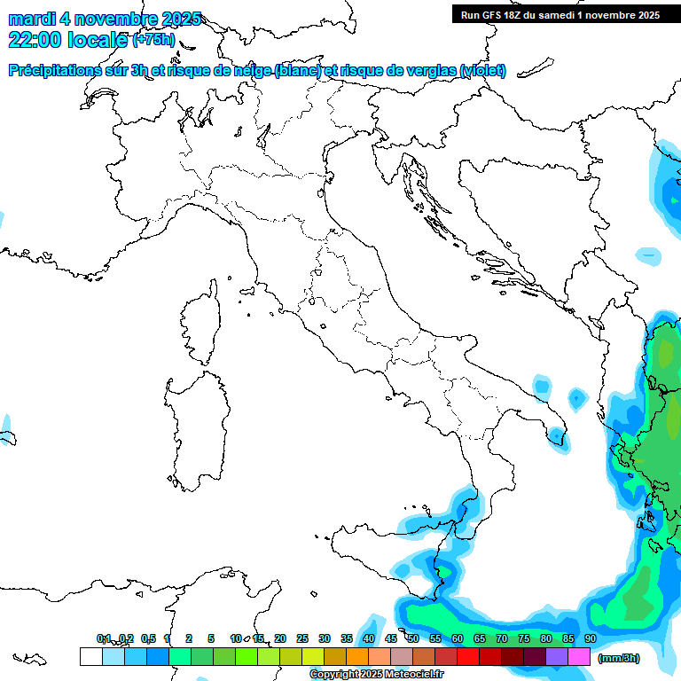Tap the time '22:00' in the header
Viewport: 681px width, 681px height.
pos(34,40)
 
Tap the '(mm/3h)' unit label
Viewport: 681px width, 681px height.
pos(619,658)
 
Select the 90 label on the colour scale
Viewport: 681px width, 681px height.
pos(591,638)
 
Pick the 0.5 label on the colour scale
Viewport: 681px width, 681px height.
pos(147,638)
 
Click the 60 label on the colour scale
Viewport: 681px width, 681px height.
pos(458,638)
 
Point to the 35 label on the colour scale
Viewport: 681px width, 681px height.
pos(347,638)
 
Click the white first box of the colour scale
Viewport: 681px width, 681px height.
pos(90,656)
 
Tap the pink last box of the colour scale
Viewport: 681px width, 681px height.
pos(579,656)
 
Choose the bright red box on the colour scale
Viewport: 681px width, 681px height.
pos(468,656)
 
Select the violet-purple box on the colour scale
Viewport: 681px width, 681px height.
pos(557,656)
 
